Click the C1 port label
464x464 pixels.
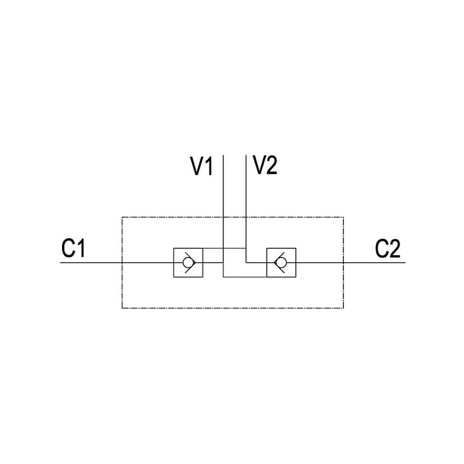click(74, 249)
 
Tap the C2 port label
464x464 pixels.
click(387, 249)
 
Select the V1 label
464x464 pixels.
click(202, 167)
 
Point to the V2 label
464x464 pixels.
click(265, 166)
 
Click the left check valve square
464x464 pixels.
click(187, 262)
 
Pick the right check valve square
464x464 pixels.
click(281, 262)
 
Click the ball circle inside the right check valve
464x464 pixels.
click(282, 262)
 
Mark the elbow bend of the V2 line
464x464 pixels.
click(246, 262)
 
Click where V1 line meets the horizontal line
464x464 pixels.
click(223, 262)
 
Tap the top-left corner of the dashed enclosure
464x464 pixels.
click(122, 217)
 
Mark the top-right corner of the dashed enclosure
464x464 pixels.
click(343, 217)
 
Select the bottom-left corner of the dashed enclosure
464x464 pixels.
click(122, 308)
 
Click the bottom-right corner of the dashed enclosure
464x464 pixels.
click(343, 308)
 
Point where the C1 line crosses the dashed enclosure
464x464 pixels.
click(122, 262)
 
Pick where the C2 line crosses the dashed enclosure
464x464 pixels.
click(343, 262)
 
